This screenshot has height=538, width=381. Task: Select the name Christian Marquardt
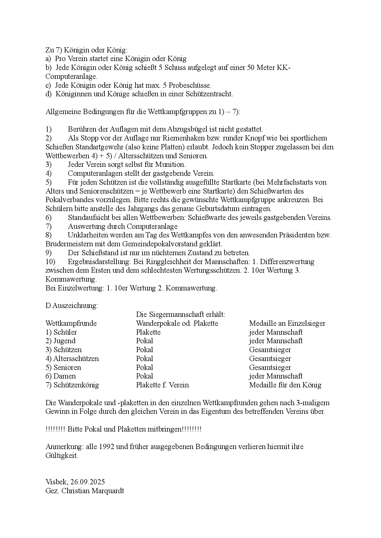click(93, 490)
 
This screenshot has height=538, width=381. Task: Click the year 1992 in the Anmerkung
click(107, 446)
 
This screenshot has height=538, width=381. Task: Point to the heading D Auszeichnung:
click(72, 306)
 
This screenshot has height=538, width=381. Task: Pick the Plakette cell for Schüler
click(148, 332)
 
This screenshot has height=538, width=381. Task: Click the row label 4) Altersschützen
click(72, 359)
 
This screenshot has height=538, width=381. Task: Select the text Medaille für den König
click(285, 385)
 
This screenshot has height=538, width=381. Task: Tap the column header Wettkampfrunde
click(71, 323)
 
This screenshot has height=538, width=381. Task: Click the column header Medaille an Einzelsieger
click(287, 323)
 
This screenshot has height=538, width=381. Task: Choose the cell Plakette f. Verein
click(162, 385)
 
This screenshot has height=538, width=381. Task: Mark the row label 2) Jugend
click(61, 341)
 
